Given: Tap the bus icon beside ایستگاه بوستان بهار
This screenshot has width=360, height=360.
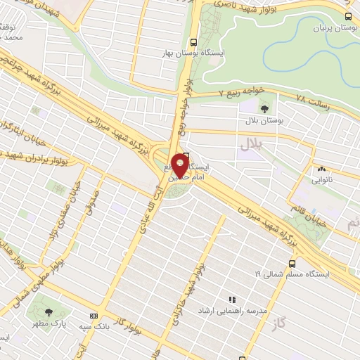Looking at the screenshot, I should point(193,41).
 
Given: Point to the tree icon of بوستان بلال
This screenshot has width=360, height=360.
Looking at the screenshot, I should point(264,108).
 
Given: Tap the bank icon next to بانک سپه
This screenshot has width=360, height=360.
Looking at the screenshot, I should point(94,316).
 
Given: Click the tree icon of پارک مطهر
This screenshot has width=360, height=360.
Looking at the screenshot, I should point(48,312).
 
